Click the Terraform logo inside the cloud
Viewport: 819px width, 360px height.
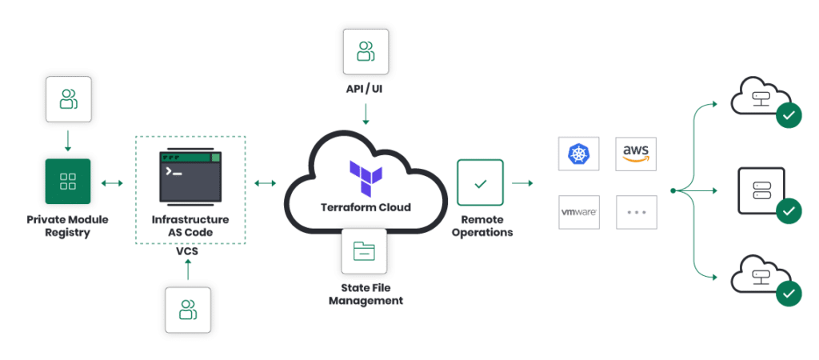(x=366, y=178)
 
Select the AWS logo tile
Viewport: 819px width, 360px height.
(x=637, y=152)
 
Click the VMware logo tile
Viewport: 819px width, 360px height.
(x=577, y=213)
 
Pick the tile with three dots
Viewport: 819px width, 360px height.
(x=637, y=213)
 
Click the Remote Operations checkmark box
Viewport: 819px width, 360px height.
(x=480, y=183)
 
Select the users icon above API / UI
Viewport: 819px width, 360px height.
(x=366, y=52)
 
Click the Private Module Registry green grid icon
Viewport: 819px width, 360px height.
(x=67, y=181)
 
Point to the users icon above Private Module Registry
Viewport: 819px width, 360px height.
(x=67, y=99)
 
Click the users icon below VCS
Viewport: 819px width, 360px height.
(x=188, y=309)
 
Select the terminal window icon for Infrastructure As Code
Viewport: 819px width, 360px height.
(x=190, y=176)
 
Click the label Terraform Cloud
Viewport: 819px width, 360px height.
(x=366, y=207)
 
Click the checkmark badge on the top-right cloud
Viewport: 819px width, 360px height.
(x=788, y=116)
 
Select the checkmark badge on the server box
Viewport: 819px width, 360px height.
(x=788, y=211)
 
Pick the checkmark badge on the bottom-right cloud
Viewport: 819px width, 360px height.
(x=788, y=294)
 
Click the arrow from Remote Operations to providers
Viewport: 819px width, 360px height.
(x=523, y=183)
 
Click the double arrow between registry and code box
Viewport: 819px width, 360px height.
(x=111, y=183)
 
